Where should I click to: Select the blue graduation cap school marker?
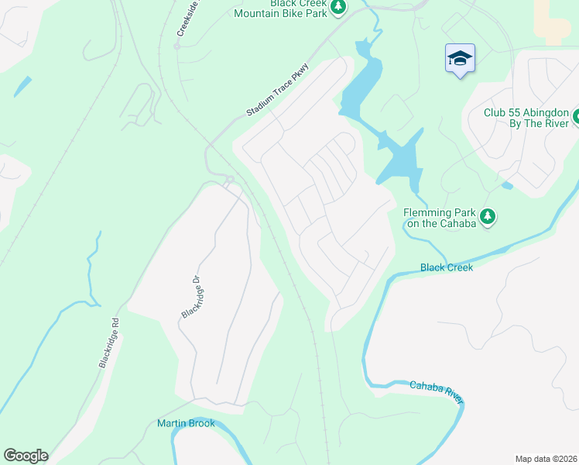460,58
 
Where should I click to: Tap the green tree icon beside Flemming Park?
488,217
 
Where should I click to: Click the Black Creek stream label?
446,267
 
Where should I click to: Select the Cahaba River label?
437,391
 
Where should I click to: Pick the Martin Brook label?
186,423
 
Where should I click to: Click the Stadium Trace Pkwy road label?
278,91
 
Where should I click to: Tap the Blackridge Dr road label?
190,298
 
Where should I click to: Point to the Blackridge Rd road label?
109,342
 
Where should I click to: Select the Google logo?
26,456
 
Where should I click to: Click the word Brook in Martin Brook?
200,423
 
